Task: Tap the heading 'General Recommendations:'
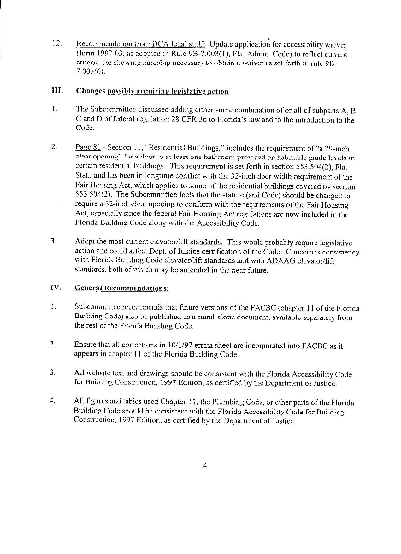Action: click(x=121, y=288)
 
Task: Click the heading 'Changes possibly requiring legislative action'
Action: click(x=152, y=91)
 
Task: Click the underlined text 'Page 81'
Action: click(x=88, y=147)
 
